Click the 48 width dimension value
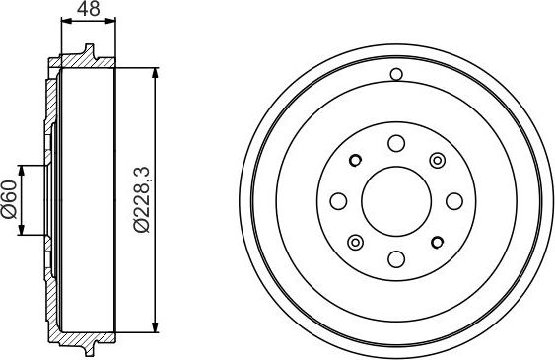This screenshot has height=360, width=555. click(x=88, y=11)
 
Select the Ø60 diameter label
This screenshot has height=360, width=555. click(x=11, y=202)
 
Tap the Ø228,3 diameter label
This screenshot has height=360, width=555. click(x=143, y=202)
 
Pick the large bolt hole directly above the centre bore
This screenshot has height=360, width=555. click(x=395, y=143)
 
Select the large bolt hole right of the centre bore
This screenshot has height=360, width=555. click(x=453, y=201)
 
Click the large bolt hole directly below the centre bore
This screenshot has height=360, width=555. click(x=395, y=259)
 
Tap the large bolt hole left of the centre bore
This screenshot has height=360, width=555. click(x=337, y=201)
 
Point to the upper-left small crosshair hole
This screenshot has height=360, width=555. click(x=355, y=160)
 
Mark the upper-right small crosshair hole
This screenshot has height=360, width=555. click(x=436, y=160)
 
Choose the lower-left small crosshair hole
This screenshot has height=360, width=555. click(x=355, y=243)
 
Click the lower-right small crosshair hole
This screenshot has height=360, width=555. click(x=436, y=243)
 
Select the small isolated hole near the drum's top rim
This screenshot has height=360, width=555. click(x=395, y=74)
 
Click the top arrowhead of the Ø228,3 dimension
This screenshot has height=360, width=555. click(x=156, y=72)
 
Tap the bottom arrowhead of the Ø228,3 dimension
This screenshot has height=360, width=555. click(x=156, y=330)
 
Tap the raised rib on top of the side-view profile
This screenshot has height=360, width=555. click(x=89, y=51)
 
